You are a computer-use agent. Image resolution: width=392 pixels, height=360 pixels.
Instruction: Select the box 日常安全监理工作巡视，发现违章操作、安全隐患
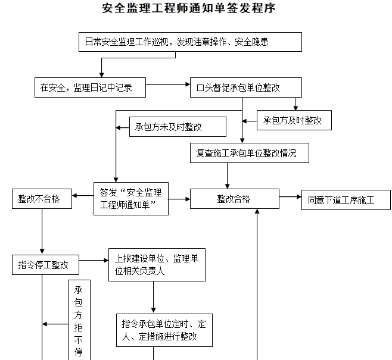tap(190, 42)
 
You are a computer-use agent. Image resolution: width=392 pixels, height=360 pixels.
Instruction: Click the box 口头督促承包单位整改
tap(245, 88)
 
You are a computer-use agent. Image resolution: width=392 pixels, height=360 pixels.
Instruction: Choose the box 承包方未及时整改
tap(178, 127)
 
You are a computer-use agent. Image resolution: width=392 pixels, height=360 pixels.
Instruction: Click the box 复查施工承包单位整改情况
tap(250, 153)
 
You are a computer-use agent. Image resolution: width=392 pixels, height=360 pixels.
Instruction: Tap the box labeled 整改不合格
tap(41, 199)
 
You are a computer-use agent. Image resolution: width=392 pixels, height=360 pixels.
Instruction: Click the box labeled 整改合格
tap(234, 199)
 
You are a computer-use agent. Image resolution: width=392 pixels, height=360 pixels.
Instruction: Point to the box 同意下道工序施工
tap(346, 200)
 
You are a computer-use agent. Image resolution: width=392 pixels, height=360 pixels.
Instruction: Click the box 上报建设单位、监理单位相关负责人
tap(156, 264)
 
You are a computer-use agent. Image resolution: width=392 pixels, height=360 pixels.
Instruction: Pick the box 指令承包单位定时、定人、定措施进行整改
tap(164, 330)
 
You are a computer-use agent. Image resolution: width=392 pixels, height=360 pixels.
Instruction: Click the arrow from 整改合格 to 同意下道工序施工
tap(290, 197)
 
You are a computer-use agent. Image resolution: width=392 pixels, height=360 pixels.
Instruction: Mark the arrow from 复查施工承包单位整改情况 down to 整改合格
tap(227, 176)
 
